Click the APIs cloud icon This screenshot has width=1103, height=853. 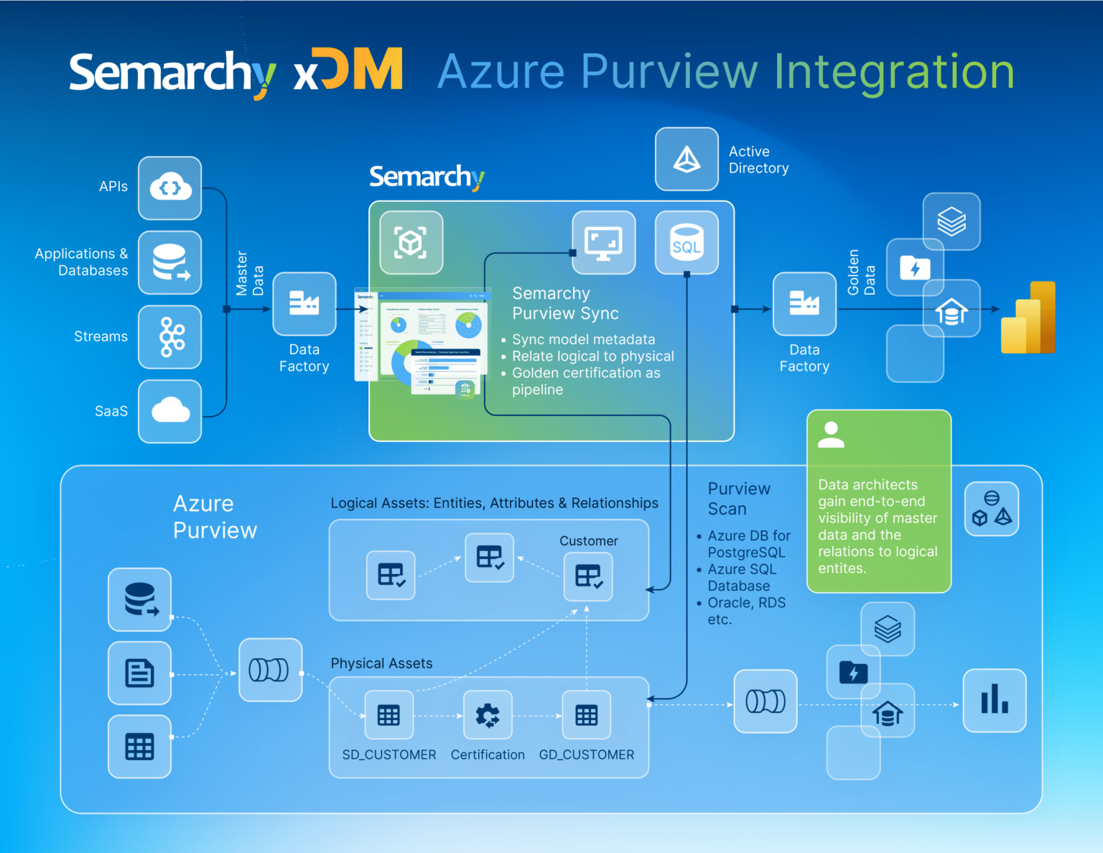click(x=170, y=188)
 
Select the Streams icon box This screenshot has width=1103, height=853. click(x=170, y=337)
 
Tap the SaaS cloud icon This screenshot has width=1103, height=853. click(x=170, y=411)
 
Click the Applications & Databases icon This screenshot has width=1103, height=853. click(x=170, y=263)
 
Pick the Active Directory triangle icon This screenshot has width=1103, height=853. click(x=687, y=160)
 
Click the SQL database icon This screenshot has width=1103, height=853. click(x=687, y=243)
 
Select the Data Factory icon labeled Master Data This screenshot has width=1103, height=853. click(x=304, y=304)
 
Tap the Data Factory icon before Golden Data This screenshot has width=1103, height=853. click(x=804, y=304)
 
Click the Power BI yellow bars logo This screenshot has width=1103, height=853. click(x=1028, y=318)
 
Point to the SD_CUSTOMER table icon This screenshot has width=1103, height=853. click(x=389, y=715)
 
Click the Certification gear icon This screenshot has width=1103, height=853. click(x=488, y=715)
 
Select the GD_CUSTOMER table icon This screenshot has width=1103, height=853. click(x=587, y=715)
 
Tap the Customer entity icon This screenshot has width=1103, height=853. click(x=588, y=576)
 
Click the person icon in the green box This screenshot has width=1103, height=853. click(x=831, y=435)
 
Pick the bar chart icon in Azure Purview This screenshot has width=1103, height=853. click(x=995, y=700)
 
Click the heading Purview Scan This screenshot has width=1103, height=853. click(x=738, y=499)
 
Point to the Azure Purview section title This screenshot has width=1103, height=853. click(x=214, y=517)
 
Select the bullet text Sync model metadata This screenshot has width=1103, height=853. click(x=583, y=339)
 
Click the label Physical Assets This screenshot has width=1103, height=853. click(x=381, y=663)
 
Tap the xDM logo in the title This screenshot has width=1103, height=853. click(x=348, y=71)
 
